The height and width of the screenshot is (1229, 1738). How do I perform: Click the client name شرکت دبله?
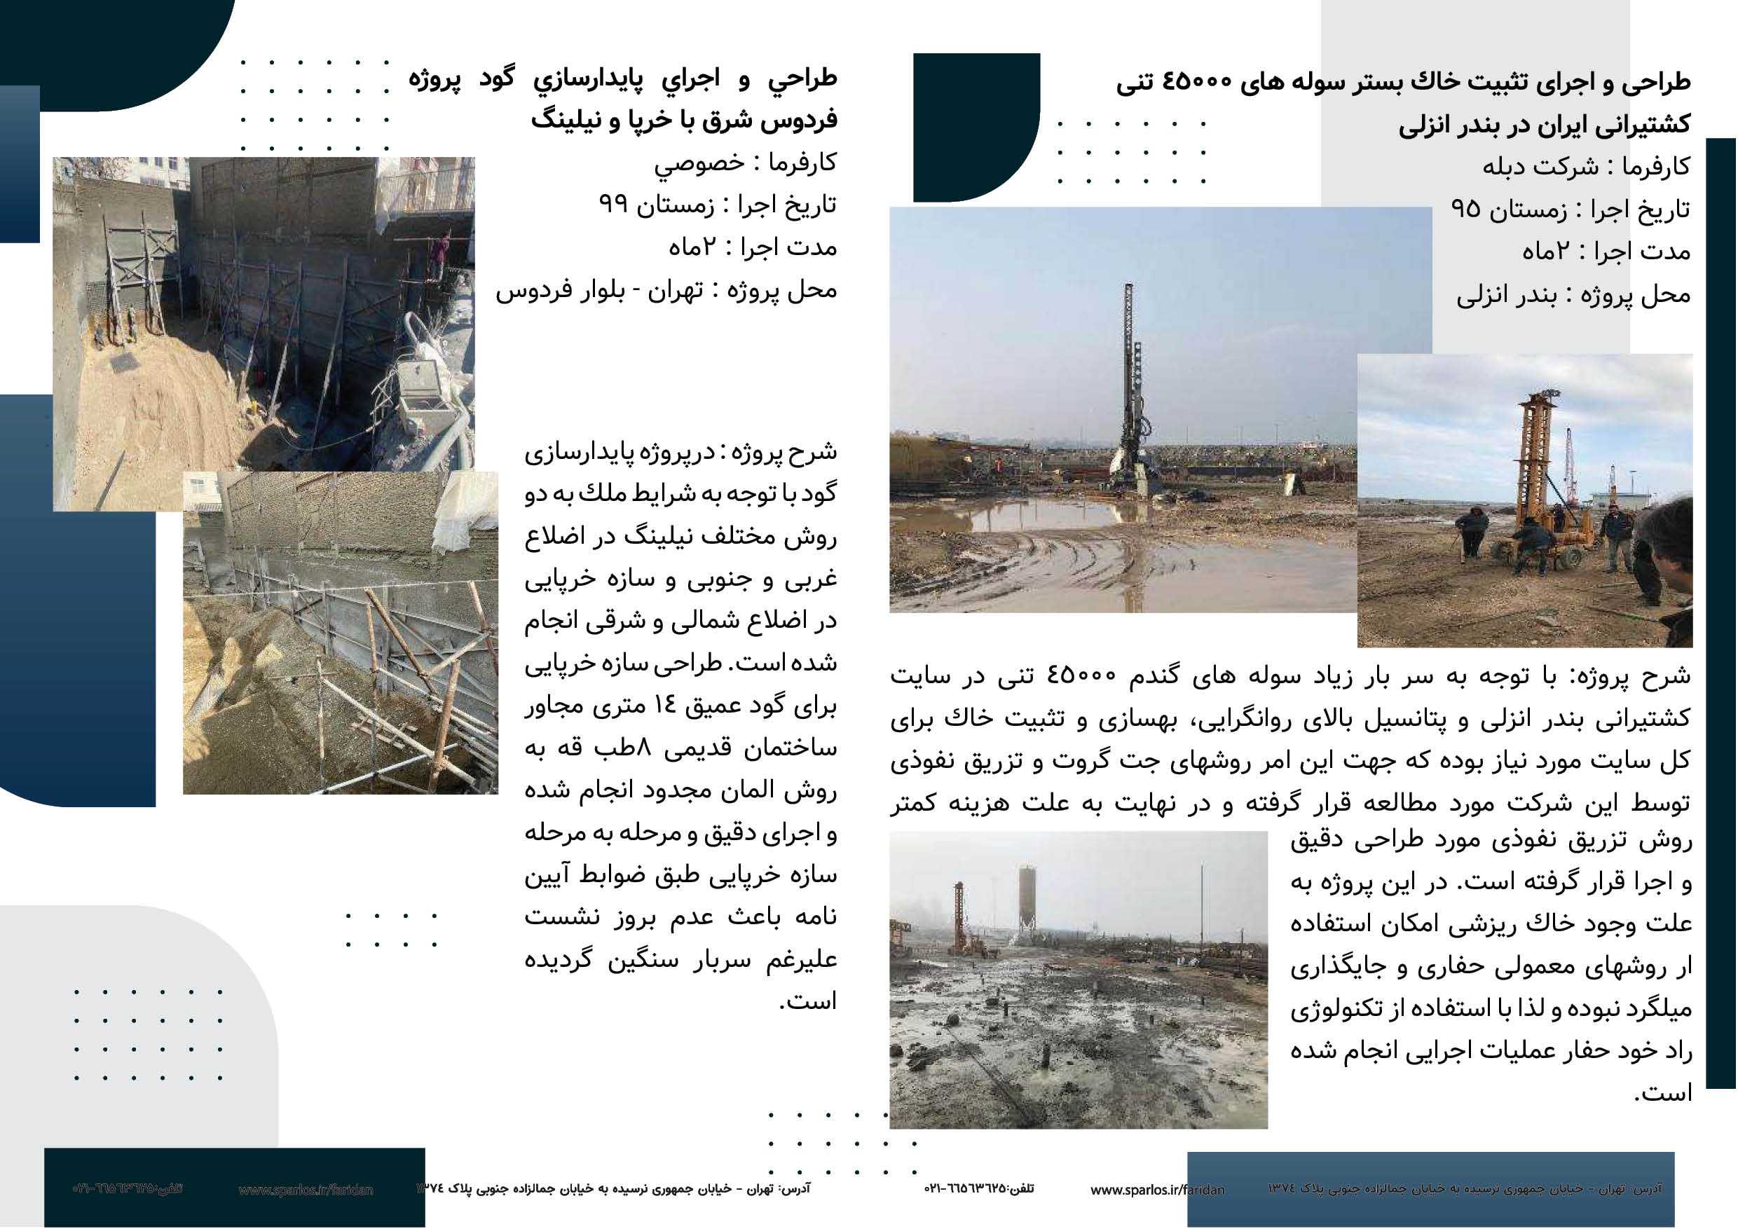tap(1540, 167)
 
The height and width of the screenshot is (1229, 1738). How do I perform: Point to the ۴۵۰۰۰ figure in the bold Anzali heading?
tap(1197, 82)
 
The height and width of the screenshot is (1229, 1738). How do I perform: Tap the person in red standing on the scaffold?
tap(438, 254)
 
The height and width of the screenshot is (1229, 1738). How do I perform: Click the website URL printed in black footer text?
tap(1156, 1190)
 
